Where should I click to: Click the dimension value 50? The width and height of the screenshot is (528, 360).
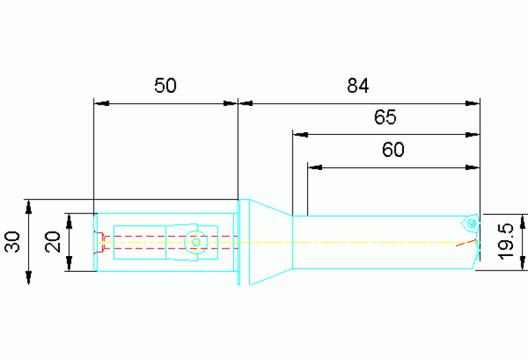tap(165, 85)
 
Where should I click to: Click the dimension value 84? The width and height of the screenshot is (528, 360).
tap(357, 85)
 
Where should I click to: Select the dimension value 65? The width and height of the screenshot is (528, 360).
tap(386, 117)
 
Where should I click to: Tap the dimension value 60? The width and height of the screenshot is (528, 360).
tap(393, 149)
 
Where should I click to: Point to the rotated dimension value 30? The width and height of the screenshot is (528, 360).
tap(12, 242)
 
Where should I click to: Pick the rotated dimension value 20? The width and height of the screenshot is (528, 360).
tap(53, 242)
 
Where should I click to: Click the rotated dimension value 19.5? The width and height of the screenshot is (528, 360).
tap(506, 241)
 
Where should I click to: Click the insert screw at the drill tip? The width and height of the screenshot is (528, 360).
tap(472, 223)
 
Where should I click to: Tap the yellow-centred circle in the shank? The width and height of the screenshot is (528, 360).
tap(196, 242)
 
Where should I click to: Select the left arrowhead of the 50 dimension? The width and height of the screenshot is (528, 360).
tap(101, 103)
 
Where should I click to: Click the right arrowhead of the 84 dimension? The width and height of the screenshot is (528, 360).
tap(472, 103)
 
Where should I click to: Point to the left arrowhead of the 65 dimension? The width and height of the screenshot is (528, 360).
tap(300, 135)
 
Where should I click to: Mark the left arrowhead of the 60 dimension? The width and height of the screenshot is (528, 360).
tap(315, 167)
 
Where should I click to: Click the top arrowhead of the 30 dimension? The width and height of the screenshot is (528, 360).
tap(29, 207)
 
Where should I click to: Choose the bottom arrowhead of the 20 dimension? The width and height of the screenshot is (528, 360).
tap(69, 264)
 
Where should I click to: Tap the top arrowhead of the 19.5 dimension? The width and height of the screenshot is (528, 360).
tap(522, 222)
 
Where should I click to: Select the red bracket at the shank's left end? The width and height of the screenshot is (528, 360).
tap(100, 242)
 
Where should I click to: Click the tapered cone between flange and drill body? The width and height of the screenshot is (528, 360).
tap(271, 242)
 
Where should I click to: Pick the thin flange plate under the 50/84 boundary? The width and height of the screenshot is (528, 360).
tap(239, 242)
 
